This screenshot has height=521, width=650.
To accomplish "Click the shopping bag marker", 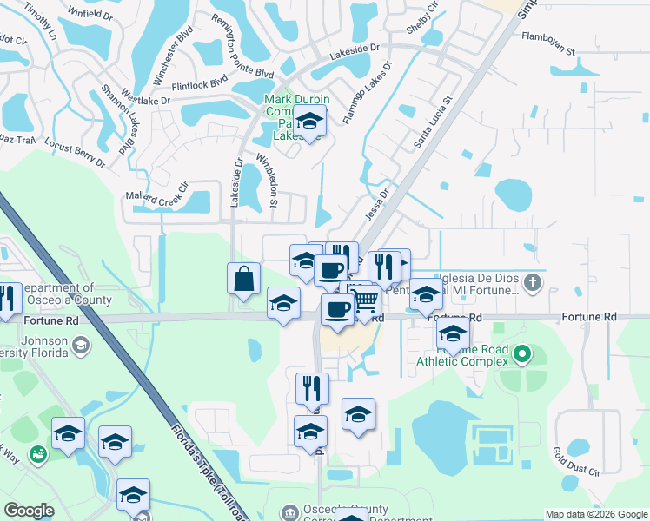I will [x=244, y=280].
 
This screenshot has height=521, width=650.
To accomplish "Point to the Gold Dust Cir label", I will [x=576, y=464].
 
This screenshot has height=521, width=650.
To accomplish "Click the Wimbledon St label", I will [x=266, y=181].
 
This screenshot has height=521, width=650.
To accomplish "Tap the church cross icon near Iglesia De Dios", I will [x=532, y=281].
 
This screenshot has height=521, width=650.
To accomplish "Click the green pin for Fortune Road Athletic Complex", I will [x=522, y=354].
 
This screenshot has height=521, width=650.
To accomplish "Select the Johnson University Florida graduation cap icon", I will [x=81, y=346].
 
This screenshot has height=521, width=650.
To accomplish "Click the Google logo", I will [x=29, y=511].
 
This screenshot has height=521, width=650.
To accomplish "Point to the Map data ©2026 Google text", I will [x=594, y=514].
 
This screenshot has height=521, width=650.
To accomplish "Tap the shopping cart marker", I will [x=367, y=301].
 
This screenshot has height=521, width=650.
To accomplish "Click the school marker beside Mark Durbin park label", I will [x=309, y=124].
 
